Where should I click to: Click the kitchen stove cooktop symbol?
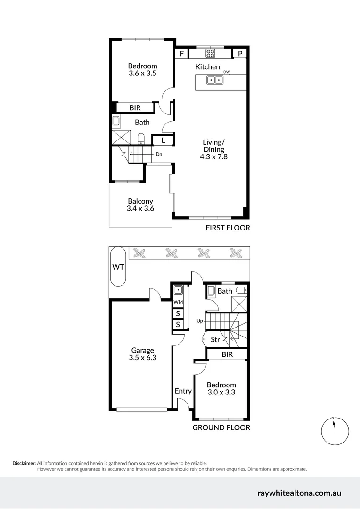[210, 53]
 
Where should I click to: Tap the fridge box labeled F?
[181, 54]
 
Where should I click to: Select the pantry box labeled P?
[240, 54]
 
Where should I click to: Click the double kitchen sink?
[215, 81]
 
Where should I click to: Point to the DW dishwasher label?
[227, 72]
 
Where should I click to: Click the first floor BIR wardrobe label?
[135, 108]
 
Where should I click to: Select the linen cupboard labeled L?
[163, 140]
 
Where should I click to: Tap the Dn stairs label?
[159, 154]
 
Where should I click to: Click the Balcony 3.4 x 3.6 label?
[140, 205]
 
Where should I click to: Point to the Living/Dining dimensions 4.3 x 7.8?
[215, 157]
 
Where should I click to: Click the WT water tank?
[118, 267]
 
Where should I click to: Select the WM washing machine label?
[178, 302]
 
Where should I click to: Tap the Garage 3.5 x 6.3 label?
[142, 354]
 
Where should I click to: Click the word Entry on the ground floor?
[183, 391]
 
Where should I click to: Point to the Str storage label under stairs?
[215, 339]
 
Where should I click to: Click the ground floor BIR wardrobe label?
[227, 354]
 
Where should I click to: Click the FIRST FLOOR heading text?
[228, 228]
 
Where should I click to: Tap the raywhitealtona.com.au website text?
[299, 493]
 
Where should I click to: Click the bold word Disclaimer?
[24, 463]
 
